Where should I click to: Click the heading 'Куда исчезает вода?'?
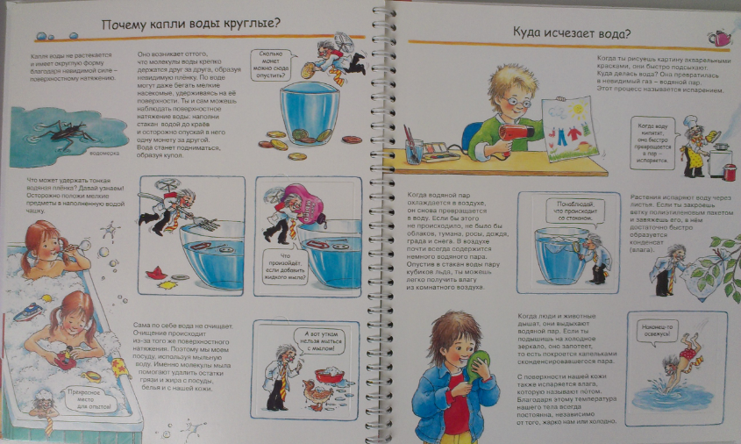tap(571, 34)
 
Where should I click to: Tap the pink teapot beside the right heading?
tap(721, 37)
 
